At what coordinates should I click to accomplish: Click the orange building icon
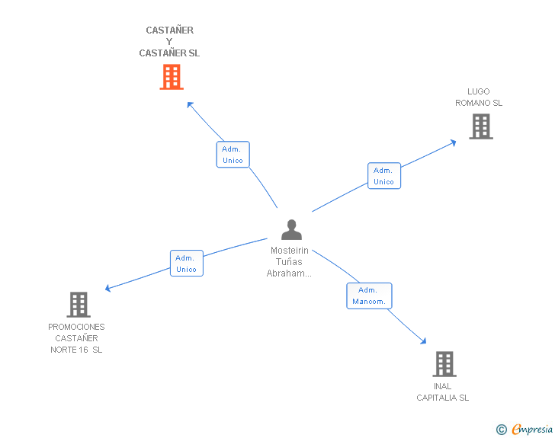[x=172, y=77]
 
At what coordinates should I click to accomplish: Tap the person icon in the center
[x=292, y=229]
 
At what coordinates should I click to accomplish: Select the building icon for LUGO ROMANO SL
[x=481, y=126]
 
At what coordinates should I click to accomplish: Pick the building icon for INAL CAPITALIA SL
[x=444, y=364]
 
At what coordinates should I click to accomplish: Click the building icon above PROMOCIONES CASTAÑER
[x=79, y=305]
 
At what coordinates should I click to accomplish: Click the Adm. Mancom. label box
[x=369, y=296]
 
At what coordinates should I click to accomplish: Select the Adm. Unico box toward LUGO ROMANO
[x=384, y=176]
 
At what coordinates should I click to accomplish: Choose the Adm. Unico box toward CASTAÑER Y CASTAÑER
[x=233, y=155]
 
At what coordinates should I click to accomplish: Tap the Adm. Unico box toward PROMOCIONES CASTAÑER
[x=187, y=264]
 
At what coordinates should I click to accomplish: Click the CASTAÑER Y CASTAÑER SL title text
[x=169, y=42]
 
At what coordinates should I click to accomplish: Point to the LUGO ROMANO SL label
[x=479, y=98]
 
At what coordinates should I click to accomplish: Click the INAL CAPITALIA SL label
[x=442, y=392]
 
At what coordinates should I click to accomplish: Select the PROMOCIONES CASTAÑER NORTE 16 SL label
[x=76, y=338]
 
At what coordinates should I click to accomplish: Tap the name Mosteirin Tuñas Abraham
[x=289, y=262]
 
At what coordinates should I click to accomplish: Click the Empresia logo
[x=532, y=429]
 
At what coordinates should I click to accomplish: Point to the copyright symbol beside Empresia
[x=502, y=430]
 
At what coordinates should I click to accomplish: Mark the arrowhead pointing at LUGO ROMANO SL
[x=454, y=142]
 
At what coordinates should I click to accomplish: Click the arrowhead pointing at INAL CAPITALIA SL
[x=423, y=341]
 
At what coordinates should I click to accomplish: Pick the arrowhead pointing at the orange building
[x=190, y=104]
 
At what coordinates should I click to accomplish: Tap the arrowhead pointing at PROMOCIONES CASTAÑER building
[x=108, y=289]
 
